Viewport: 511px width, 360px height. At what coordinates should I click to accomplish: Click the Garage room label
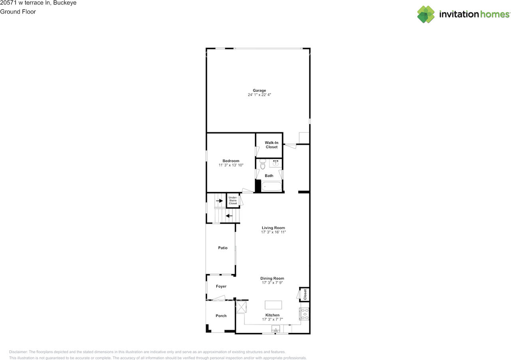259,91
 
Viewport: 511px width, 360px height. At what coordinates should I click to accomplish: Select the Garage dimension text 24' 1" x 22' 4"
259,95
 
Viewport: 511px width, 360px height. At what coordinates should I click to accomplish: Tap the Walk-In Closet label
271,144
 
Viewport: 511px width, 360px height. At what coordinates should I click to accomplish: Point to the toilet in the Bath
262,164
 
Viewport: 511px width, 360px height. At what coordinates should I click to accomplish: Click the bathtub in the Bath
271,186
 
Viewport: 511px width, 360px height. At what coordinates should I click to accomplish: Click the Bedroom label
231,161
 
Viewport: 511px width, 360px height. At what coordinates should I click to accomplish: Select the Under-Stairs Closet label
233,200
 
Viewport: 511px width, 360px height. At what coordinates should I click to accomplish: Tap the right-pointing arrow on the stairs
219,201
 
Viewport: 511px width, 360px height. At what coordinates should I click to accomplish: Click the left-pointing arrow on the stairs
229,216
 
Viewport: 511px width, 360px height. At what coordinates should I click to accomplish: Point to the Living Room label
273,228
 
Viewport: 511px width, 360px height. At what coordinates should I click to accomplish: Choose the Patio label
223,248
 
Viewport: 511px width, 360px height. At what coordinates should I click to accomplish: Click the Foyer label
221,286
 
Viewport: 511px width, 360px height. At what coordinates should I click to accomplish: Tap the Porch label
221,316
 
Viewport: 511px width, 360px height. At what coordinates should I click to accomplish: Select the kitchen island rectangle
273,305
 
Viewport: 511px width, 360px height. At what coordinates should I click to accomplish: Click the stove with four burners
305,314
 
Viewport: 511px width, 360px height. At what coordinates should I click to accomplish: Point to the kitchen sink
275,329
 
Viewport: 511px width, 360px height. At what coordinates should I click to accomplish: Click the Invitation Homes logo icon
426,14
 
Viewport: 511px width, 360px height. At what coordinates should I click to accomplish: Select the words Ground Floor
18,12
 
